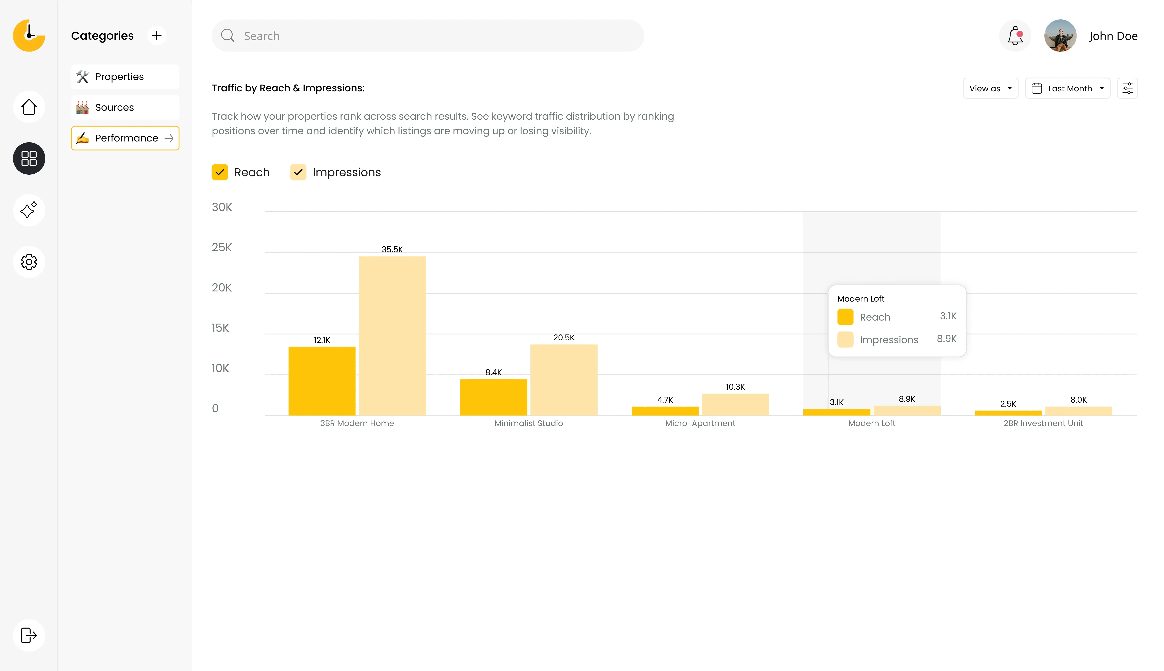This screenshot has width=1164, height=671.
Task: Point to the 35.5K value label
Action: (392, 249)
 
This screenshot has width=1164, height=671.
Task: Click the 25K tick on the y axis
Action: (222, 247)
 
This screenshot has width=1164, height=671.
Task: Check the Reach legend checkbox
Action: (220, 172)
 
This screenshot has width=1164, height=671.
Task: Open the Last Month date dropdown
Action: (1067, 88)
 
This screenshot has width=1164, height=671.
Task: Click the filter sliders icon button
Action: (1127, 88)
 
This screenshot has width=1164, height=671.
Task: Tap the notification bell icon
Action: (1015, 36)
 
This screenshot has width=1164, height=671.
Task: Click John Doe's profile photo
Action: (1060, 36)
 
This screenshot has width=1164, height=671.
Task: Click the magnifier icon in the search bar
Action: (228, 36)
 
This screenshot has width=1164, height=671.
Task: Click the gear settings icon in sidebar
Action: (29, 262)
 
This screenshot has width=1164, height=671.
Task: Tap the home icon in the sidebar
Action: (29, 107)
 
